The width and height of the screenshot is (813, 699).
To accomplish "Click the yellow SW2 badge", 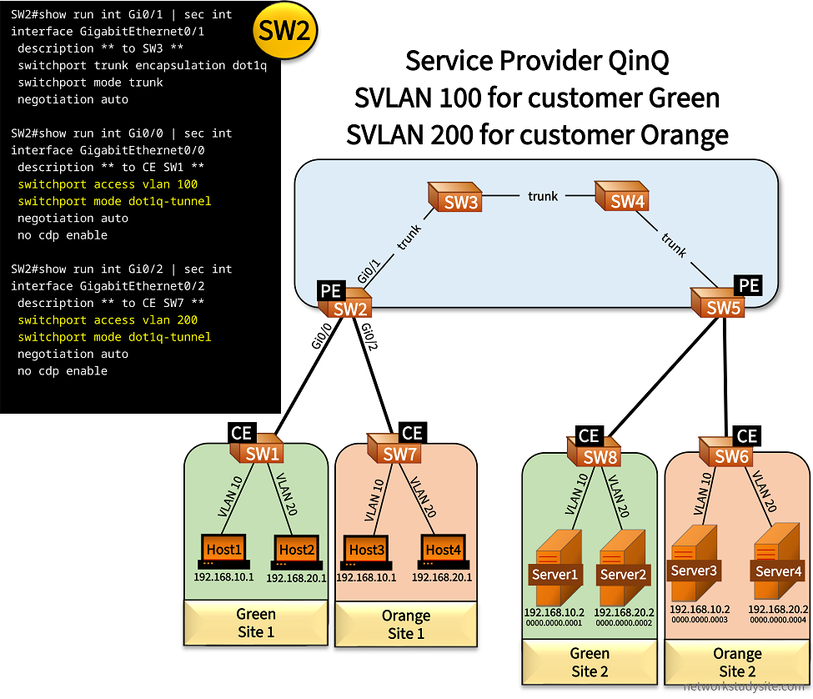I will pyautogui.click(x=285, y=31).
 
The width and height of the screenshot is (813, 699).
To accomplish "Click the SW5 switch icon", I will pyautogui.click(x=718, y=304).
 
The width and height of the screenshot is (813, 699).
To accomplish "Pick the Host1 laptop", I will pyautogui.click(x=223, y=551).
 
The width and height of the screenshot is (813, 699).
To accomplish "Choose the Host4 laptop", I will pyautogui.click(x=443, y=551).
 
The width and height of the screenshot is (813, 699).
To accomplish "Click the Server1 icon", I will pyautogui.click(x=555, y=569).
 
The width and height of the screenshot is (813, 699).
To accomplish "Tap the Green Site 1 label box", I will pyautogui.click(x=255, y=623).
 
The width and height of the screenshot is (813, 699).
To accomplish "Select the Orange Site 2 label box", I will pyautogui.click(x=737, y=662).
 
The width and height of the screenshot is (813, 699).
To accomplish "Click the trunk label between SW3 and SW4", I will pyautogui.click(x=543, y=196).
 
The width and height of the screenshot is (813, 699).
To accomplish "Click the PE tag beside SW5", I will pyautogui.click(x=749, y=286).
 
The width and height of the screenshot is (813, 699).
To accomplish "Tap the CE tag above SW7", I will pyautogui.click(x=412, y=434).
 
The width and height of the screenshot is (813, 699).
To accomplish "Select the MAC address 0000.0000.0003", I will pyautogui.click(x=699, y=620).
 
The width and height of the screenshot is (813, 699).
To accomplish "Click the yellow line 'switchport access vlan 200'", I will pyautogui.click(x=108, y=320).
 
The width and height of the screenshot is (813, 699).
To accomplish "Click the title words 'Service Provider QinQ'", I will pyautogui.click(x=537, y=61).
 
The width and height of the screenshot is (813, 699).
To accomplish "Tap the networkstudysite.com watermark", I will pyautogui.click(x=746, y=687).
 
